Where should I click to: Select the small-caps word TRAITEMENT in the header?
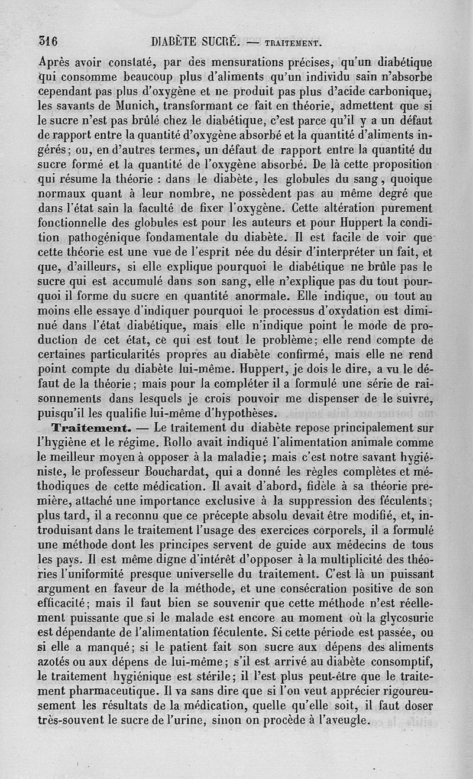pyautogui.click(x=293, y=43)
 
